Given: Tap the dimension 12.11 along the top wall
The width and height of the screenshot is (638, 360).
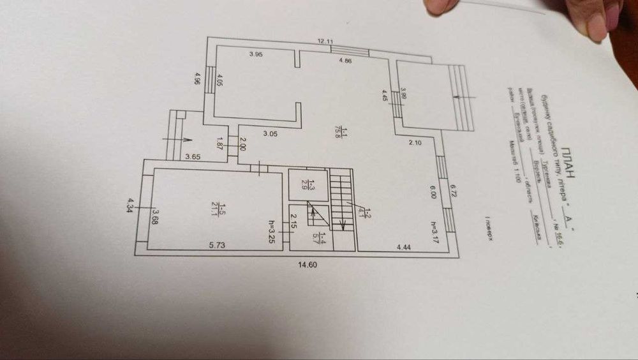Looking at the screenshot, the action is point(326,41).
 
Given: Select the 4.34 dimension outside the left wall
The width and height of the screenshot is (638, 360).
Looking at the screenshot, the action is point(130,206).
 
